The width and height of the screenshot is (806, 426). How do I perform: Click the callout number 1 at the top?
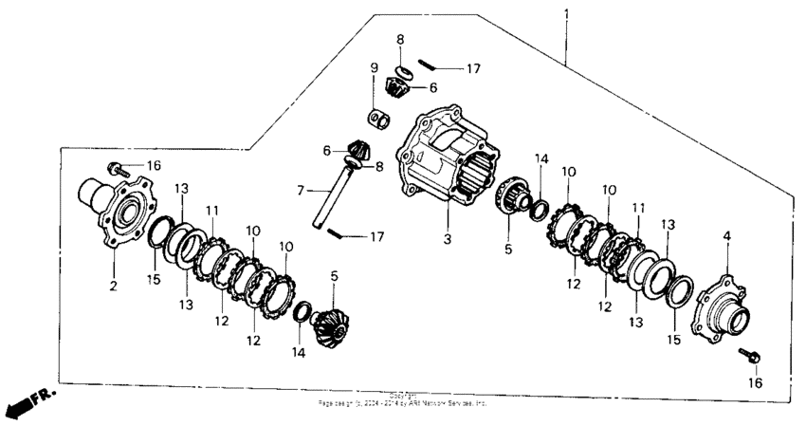(566, 15)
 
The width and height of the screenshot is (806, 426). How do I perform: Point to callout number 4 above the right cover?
(728, 235)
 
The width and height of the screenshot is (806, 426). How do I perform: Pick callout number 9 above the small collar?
(375, 67)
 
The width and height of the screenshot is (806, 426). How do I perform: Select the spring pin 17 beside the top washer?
(429, 65)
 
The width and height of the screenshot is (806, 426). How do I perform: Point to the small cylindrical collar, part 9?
(379, 120)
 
